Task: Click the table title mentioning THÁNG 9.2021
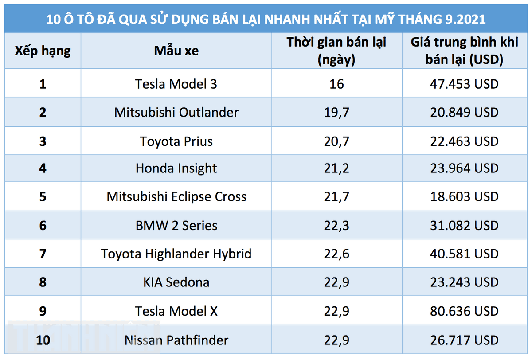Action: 266,20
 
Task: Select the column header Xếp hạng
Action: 43,51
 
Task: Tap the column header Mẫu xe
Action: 176,51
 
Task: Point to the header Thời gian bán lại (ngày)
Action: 336,51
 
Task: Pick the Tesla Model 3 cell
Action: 176,84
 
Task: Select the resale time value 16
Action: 336,84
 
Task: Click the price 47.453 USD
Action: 464,84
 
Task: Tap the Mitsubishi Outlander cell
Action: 176,112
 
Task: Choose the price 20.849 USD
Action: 464,112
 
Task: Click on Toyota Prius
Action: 176,141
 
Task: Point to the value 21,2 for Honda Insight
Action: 336,168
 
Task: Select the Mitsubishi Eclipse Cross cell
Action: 176,196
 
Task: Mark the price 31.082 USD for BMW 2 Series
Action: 464,225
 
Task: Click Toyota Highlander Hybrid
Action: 176,254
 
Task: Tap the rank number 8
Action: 43,282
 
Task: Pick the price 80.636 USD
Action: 464,311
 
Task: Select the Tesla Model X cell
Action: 176,311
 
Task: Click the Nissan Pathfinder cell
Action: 176,340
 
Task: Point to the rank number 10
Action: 43,340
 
